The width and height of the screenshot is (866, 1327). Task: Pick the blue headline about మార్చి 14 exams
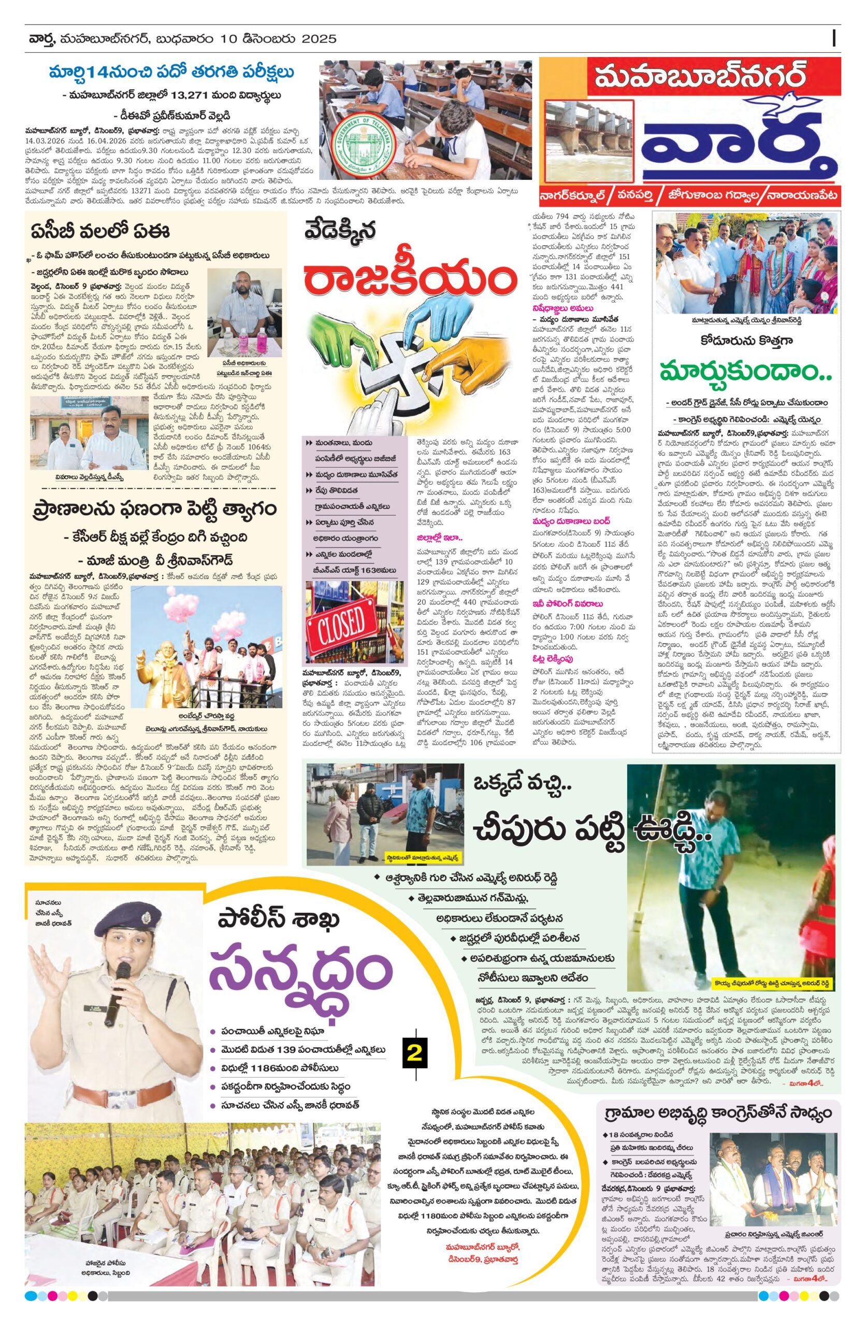coord(171,73)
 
